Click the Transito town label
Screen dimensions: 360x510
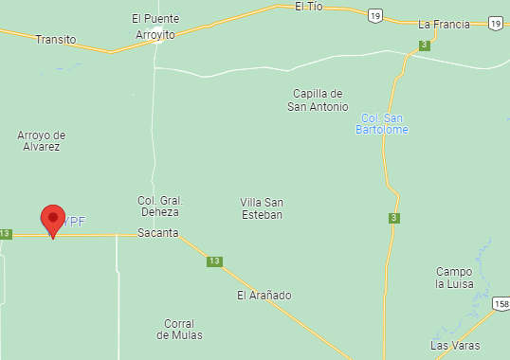coord(55,40)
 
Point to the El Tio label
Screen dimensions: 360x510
coord(309,7)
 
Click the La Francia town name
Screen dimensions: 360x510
coord(444,25)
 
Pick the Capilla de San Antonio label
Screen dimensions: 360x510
coord(318,100)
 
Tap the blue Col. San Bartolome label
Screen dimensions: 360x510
coord(382,123)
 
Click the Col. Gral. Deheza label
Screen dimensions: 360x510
coord(159,207)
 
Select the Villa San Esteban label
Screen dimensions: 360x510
coord(262,208)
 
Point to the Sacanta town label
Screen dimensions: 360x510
coord(157,233)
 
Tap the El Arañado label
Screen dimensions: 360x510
coord(264,296)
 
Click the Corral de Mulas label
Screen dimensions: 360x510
coord(180,329)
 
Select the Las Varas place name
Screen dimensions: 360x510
coord(454,346)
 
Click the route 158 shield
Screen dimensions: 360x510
coord(501,304)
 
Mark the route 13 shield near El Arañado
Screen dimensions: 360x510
coord(215,261)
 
